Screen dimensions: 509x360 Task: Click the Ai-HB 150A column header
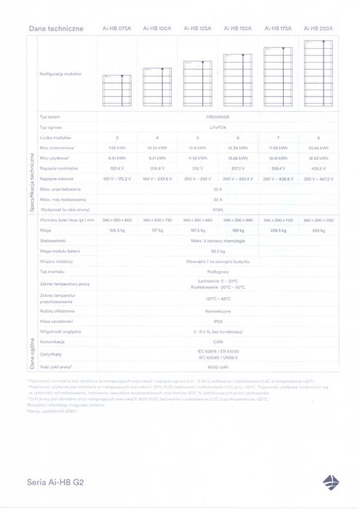[x=238, y=28]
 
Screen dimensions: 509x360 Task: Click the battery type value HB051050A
[x=217, y=116]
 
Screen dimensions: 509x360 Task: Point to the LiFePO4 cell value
[x=217, y=127]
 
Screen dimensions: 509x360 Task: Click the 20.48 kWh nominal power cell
[x=319, y=148]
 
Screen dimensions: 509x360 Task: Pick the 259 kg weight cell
[x=319, y=230]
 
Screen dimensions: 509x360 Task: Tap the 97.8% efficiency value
[x=217, y=209]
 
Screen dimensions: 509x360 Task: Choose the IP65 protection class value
[x=217, y=319]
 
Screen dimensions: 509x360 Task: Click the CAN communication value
[x=217, y=340]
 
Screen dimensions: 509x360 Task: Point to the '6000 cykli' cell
[x=217, y=367]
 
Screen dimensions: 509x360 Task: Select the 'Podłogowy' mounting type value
[x=217, y=270]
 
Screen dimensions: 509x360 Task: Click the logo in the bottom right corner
[x=331, y=481]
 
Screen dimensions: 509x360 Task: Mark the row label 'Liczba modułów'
[x=55, y=137]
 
